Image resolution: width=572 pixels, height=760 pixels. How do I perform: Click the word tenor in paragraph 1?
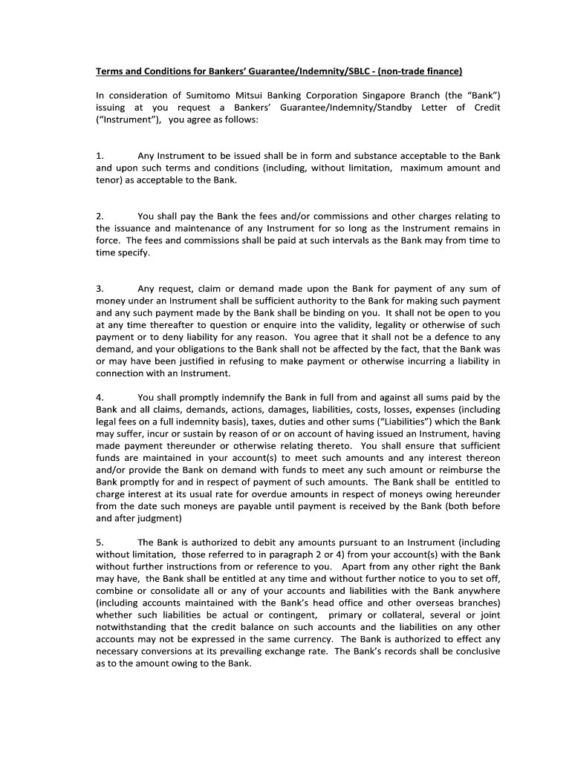(x=108, y=180)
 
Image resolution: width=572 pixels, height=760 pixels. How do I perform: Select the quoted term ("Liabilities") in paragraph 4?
(x=412, y=422)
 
